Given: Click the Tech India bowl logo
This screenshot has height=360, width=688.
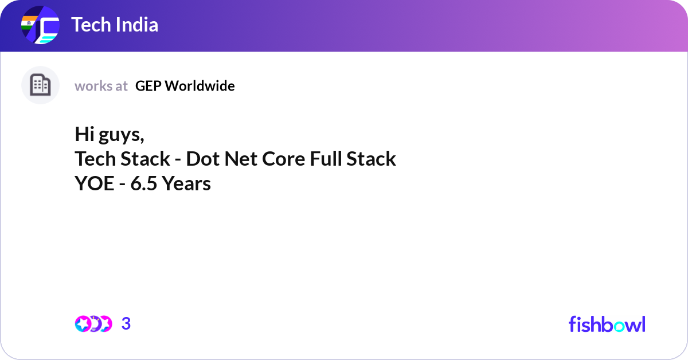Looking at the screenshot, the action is click(x=40, y=25).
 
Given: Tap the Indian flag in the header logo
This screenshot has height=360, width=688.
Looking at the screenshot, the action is click(x=29, y=23).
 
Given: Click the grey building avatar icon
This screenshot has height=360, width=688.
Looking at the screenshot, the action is click(x=40, y=85).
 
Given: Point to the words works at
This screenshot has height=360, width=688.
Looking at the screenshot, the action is click(x=101, y=86).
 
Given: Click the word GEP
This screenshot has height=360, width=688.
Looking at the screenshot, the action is click(x=148, y=86).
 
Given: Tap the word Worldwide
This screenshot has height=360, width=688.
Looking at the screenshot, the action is click(x=200, y=86).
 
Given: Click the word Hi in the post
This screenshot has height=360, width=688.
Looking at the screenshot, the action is click(x=84, y=134).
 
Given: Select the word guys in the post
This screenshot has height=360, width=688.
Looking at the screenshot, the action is click(x=120, y=136).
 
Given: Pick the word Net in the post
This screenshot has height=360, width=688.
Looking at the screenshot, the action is click(x=241, y=159).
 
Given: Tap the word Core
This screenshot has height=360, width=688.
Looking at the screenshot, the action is click(x=283, y=159).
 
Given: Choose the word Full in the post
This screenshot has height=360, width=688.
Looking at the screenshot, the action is click(x=326, y=159).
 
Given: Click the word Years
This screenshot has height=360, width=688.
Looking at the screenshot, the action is click(x=186, y=183).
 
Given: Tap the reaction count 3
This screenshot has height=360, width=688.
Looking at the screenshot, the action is click(x=126, y=324).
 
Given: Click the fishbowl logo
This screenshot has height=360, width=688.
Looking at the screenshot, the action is click(x=607, y=324).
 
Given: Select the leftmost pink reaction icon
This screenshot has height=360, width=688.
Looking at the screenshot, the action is click(x=83, y=324).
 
